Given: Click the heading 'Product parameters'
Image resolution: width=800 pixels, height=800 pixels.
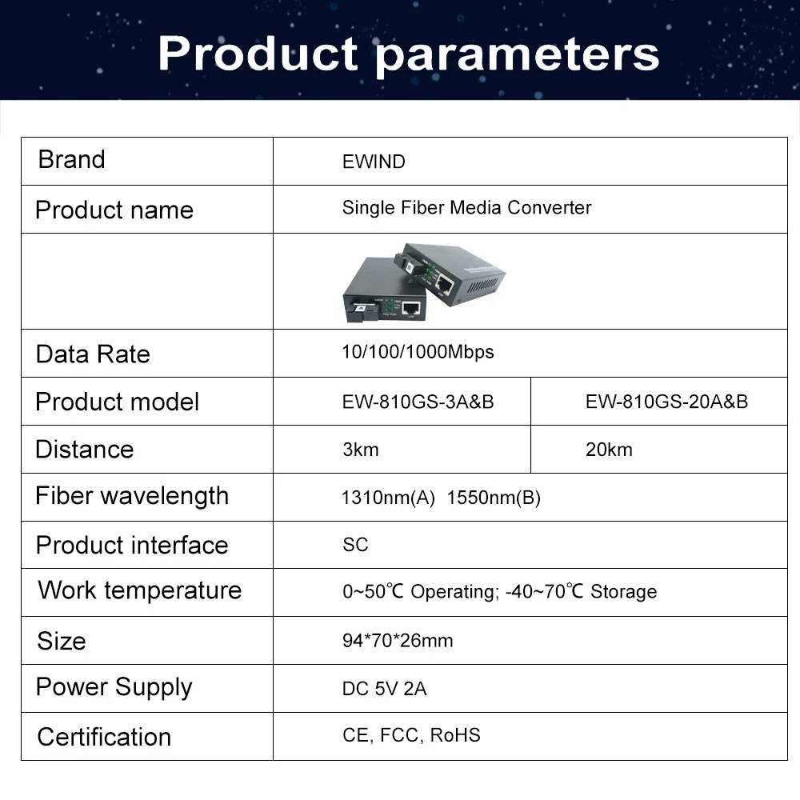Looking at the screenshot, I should pos(408,52).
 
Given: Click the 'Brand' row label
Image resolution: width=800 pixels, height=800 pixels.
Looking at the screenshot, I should pos(71,159).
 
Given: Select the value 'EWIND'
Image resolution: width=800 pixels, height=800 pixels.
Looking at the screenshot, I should pos(374,162).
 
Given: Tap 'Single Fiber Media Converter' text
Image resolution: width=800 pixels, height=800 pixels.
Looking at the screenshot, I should pos(466,208).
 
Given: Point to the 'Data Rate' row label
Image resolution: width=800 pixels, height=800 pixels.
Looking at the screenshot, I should pos(93,354).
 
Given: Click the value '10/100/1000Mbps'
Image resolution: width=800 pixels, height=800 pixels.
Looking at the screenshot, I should pos(418,352).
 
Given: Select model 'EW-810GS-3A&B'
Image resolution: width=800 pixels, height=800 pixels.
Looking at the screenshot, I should pos(418,402).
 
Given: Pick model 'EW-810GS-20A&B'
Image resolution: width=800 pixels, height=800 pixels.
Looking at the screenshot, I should pos(666,402).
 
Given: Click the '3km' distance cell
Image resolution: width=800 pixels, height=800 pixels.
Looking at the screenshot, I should pos(360,450).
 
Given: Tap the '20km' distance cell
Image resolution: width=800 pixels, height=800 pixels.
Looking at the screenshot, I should pos(609,450).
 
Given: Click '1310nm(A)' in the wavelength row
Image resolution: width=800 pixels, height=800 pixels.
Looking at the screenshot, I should pos(388,498).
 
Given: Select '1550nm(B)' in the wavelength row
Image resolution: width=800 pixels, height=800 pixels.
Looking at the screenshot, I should pos(494,498).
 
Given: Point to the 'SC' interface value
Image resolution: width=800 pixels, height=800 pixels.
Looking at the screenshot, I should pos(355,545).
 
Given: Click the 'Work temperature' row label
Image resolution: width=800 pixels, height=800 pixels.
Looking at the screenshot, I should pos(139,590).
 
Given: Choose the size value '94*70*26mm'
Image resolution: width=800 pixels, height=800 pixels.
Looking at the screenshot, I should pos(398,641).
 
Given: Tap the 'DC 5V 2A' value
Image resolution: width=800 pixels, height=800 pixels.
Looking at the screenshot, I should pos(384,689).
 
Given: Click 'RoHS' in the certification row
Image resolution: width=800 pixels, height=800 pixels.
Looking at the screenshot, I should pos(455,735).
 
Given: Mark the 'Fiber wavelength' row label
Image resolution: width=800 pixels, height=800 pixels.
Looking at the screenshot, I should pos(132,496).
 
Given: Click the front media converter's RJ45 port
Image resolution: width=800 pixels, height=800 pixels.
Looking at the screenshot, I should pos(412,307).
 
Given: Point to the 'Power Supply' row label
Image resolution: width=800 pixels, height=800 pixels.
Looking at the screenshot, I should pos(114,687).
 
